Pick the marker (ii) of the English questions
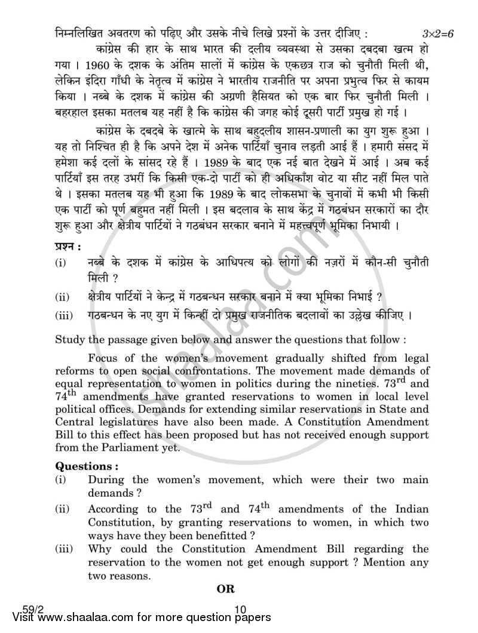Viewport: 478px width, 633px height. pos(62,509)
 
